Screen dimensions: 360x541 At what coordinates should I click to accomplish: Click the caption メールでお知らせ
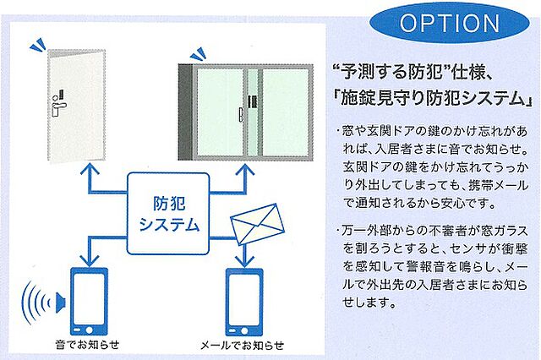coord(242,346)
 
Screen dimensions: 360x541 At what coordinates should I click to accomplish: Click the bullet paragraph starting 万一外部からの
coord(432,265)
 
